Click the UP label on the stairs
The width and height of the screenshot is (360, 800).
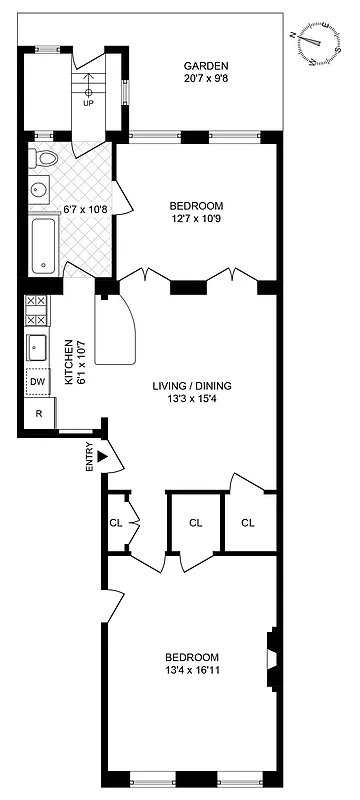[x=89, y=103]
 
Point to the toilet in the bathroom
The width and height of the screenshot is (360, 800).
[x=44, y=159]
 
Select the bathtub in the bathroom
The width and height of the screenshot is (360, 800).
[x=44, y=246]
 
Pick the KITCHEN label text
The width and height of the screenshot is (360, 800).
[x=69, y=363]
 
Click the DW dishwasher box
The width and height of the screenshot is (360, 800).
[x=37, y=381]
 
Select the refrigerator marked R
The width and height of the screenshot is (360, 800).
[x=38, y=412]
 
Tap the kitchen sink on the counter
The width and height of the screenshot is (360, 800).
[x=38, y=347]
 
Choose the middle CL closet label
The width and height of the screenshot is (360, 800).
[x=195, y=521]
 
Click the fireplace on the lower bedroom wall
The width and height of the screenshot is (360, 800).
[x=271, y=661]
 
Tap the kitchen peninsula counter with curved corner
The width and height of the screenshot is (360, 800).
[x=119, y=330]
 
